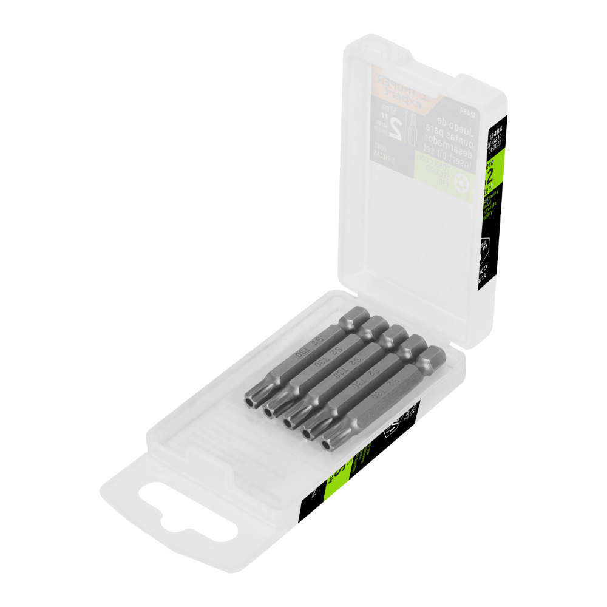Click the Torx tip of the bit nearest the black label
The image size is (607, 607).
[328, 444]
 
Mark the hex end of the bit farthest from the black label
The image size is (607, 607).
[356, 318]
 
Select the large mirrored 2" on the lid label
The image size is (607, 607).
[395, 129]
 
